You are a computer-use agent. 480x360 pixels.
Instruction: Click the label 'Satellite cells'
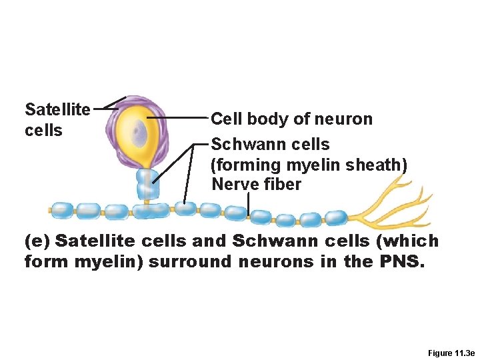(57, 119)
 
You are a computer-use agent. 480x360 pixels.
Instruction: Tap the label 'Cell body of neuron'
(291, 119)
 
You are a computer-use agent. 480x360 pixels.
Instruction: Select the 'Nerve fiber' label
(256, 184)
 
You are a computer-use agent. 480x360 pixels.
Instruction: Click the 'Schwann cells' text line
(270, 144)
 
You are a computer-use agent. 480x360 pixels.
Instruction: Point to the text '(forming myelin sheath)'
(309, 164)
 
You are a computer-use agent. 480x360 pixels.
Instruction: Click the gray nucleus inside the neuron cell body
(139, 133)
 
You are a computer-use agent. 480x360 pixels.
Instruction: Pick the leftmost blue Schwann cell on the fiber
(63, 211)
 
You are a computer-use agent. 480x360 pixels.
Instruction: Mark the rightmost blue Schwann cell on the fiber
(335, 217)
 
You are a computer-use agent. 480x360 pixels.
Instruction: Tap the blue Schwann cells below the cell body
(148, 183)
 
